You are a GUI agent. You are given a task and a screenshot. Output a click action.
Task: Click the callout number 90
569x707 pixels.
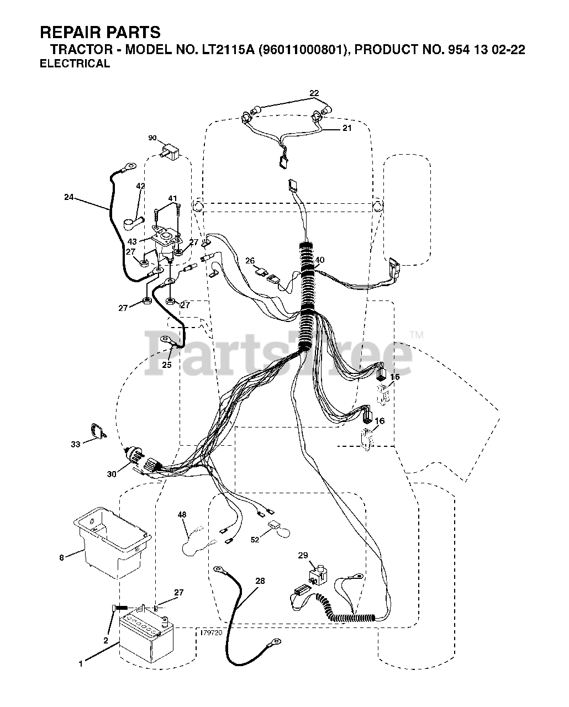[x=153, y=138]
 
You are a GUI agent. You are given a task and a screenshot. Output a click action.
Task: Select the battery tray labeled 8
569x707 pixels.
[x=112, y=541]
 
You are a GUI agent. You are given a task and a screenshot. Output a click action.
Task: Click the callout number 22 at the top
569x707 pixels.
[x=314, y=93]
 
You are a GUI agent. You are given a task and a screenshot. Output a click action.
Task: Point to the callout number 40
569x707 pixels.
[x=319, y=260]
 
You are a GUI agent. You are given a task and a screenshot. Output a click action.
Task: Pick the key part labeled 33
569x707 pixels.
[x=97, y=431]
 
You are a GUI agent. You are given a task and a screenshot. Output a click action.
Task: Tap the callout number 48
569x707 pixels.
[x=182, y=515]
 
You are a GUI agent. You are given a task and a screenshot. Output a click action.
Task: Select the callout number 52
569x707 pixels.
[x=255, y=540]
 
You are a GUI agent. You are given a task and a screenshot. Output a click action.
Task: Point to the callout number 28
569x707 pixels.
[x=260, y=581]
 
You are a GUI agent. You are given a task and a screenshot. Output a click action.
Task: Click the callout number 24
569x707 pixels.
[x=69, y=196]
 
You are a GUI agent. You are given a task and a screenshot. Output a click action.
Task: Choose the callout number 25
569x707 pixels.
[x=167, y=365]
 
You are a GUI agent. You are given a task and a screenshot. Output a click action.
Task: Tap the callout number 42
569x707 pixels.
[x=140, y=186]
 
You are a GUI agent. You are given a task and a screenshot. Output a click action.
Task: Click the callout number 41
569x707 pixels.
[x=173, y=198]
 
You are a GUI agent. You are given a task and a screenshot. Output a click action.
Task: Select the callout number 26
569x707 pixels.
[x=250, y=261]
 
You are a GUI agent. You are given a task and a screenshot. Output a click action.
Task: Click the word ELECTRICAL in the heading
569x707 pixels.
[x=75, y=64]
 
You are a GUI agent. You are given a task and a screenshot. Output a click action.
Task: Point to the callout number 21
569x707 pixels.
[x=346, y=128]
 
